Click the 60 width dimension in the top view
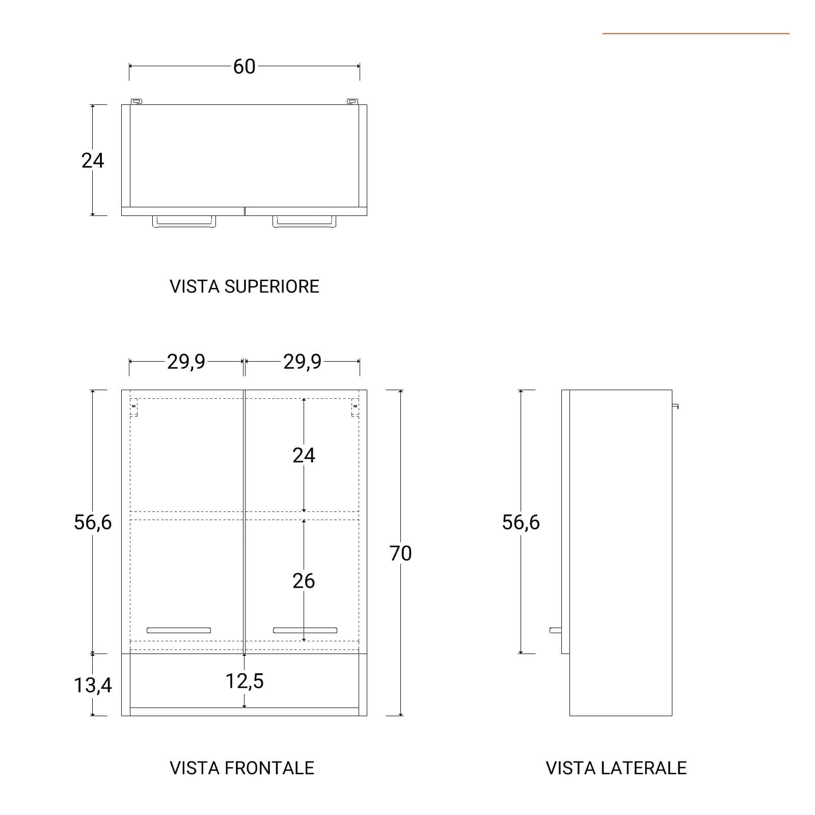click(x=244, y=66)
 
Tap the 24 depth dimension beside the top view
click(x=93, y=160)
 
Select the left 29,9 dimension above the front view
click(x=186, y=362)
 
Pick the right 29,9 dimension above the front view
click(x=302, y=362)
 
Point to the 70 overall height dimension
click(x=400, y=553)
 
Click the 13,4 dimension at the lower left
click(x=93, y=685)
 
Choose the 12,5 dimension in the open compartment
click(x=244, y=681)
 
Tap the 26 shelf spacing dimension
click(x=304, y=581)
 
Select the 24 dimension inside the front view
click(x=304, y=455)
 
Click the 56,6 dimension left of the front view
click(x=93, y=522)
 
